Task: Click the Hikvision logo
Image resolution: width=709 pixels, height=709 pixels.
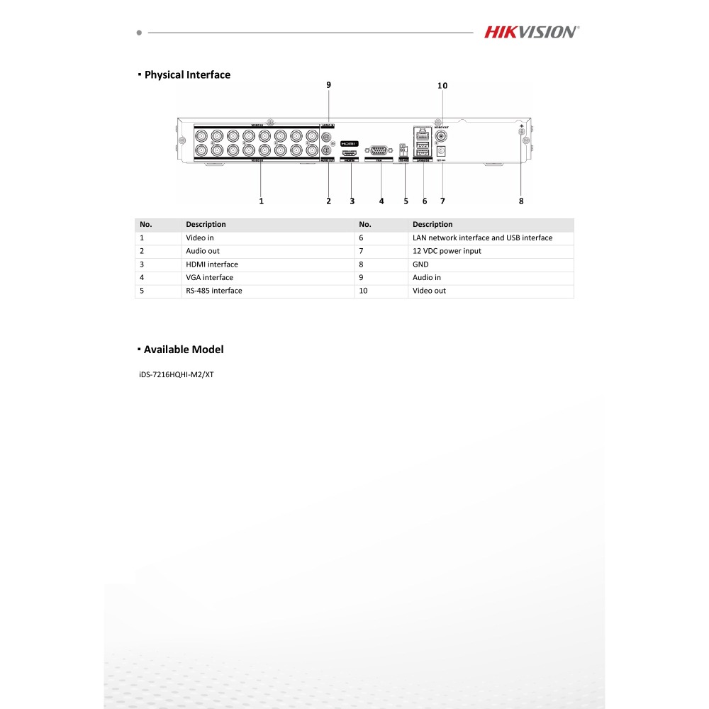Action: coord(532,32)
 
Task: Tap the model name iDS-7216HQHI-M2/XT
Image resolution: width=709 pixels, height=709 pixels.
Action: coord(177,374)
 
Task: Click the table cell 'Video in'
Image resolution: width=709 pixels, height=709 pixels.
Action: coord(200,238)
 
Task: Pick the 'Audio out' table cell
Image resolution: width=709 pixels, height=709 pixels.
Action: coord(203,251)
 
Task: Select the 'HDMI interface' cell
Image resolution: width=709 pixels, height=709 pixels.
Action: coord(212,264)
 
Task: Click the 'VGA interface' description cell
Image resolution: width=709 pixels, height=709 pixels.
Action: coord(209,277)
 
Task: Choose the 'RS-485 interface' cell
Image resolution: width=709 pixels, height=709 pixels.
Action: coord(214,291)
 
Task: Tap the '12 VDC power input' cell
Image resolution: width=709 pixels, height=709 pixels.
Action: coord(447,251)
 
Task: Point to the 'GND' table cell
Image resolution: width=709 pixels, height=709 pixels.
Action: coord(420,264)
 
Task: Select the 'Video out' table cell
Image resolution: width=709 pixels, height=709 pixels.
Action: coord(429,291)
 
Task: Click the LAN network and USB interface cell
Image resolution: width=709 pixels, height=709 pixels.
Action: coord(482,238)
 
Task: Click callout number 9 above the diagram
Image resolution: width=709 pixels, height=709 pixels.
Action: coord(328,85)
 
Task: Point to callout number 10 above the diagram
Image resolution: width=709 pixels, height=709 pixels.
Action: coord(442,86)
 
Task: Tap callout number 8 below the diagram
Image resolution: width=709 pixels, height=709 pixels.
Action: coord(521,201)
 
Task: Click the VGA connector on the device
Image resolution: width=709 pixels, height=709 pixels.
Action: coord(380,150)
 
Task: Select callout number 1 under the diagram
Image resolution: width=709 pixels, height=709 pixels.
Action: coord(261,201)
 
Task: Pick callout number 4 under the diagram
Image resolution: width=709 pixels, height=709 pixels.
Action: coord(381,201)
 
